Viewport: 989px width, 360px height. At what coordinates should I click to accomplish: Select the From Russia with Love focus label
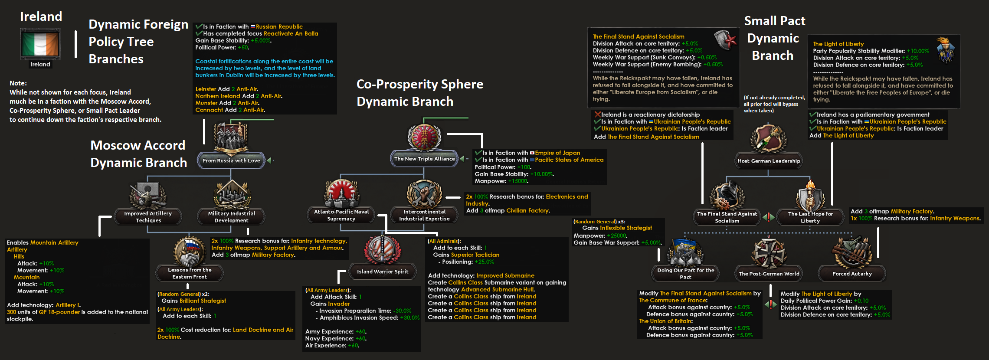coord(231,160)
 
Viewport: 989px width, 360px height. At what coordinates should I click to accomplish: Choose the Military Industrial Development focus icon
coord(232,195)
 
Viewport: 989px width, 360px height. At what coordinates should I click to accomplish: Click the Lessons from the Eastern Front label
coord(190,273)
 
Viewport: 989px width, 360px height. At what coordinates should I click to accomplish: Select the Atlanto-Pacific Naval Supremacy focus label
coord(341,215)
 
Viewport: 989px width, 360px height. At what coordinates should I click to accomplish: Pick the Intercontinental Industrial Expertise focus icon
coord(424,194)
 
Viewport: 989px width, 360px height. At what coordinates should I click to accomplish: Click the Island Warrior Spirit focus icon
coord(382,250)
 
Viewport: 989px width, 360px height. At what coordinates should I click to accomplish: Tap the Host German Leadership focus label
coord(769,161)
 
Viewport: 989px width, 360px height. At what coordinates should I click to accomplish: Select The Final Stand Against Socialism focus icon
coord(727,196)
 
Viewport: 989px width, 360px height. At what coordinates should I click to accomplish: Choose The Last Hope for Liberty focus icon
coord(810,196)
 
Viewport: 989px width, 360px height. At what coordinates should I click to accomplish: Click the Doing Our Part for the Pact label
coord(685,274)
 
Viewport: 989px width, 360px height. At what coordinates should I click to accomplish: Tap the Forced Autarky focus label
coord(852,274)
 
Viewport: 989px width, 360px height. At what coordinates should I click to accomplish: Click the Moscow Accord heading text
coord(138,145)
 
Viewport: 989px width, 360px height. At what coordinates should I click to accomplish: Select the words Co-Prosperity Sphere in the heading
coord(419,84)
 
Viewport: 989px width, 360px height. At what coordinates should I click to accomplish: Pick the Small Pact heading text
coord(775,21)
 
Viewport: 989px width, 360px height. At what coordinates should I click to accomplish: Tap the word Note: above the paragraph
coord(18,83)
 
